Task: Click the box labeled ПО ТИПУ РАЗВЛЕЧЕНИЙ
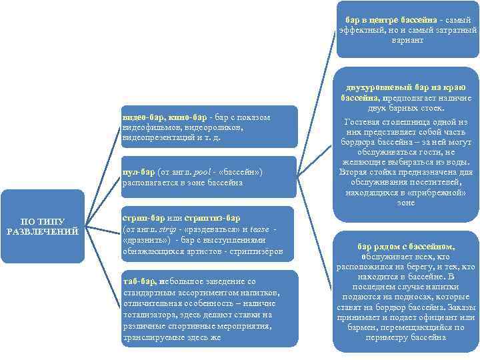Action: coord(43,226)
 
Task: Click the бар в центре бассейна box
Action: coord(407,30)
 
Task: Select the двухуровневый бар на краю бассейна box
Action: coord(407,144)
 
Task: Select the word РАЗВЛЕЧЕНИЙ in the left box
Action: coord(43,231)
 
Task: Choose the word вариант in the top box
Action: coord(407,40)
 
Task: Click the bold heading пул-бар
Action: coord(139,171)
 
